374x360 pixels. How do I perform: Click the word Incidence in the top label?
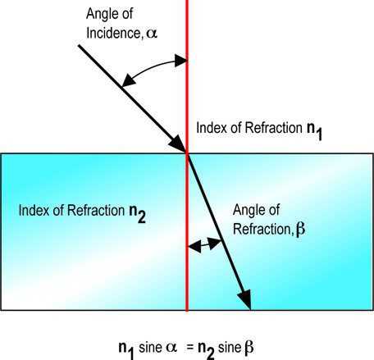tap(113, 34)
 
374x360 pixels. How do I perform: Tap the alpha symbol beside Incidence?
tap(152, 34)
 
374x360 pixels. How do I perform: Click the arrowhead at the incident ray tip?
tap(177, 143)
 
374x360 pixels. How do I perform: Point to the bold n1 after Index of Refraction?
tap(314, 130)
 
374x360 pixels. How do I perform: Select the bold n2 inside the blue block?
tap(137, 213)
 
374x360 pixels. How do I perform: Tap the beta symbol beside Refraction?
tap(300, 229)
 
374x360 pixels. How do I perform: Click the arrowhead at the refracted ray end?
tap(244, 299)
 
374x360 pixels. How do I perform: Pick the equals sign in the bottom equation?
tap(189, 348)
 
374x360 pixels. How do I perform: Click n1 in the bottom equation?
tap(126, 349)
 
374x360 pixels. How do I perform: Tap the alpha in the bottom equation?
tap(171, 348)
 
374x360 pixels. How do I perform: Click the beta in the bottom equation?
tap(249, 348)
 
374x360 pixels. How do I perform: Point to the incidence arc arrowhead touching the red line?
tap(181, 61)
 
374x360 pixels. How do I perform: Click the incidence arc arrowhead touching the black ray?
tap(128, 81)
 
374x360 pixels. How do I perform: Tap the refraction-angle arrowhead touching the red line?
tap(195, 247)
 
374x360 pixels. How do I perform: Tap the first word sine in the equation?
tap(150, 348)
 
